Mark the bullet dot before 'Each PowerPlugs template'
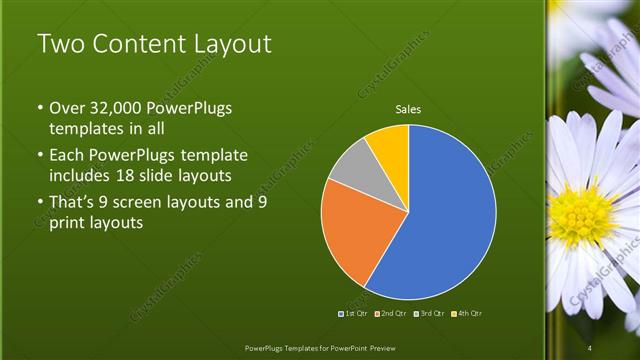(x=39, y=156)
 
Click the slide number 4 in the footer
(x=589, y=347)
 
